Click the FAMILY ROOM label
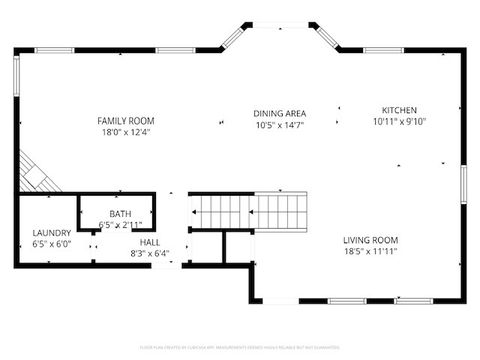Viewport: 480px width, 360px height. [125, 120]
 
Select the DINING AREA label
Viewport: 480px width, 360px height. [279, 113]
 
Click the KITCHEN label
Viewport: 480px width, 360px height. [399, 110]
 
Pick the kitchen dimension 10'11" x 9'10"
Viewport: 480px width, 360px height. [399, 121]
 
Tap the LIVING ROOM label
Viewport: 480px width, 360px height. [371, 240]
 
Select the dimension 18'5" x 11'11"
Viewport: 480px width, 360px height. [371, 252]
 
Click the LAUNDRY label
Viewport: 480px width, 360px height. [51, 233]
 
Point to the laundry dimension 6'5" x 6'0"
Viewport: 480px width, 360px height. [51, 244]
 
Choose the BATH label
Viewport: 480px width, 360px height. [120, 214]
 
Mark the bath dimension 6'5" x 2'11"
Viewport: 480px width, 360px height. [120, 225]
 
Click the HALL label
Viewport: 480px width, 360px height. [150, 242]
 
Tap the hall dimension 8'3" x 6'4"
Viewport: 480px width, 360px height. [150, 253]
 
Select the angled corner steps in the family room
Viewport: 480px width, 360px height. [38, 174]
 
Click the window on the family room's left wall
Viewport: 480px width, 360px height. [16, 77]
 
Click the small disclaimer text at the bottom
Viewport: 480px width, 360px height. [240, 346]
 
